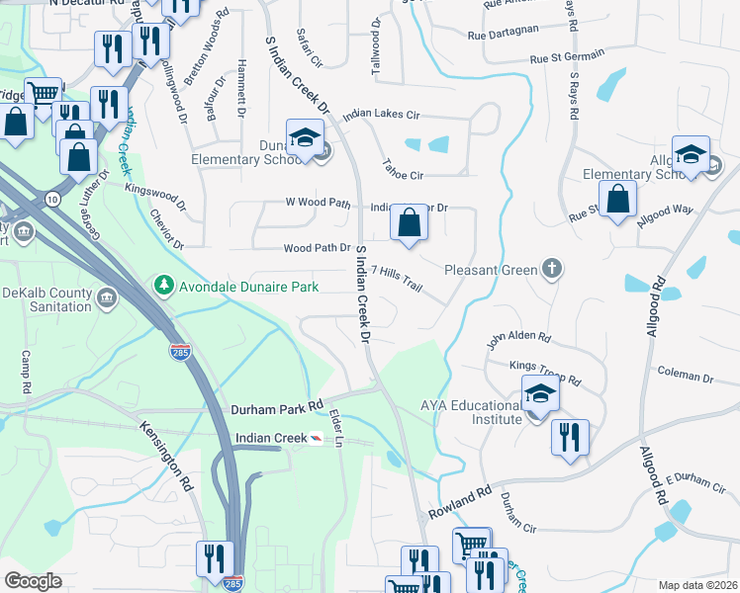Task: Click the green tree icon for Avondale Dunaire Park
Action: click(163, 286)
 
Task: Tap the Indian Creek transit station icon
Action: click(316, 438)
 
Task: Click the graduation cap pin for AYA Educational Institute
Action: click(539, 393)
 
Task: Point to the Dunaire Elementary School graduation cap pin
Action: click(306, 137)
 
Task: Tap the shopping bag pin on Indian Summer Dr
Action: click(409, 223)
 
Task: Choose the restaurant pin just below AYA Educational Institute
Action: click(570, 437)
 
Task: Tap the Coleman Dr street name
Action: click(686, 377)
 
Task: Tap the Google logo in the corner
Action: click(33, 581)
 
